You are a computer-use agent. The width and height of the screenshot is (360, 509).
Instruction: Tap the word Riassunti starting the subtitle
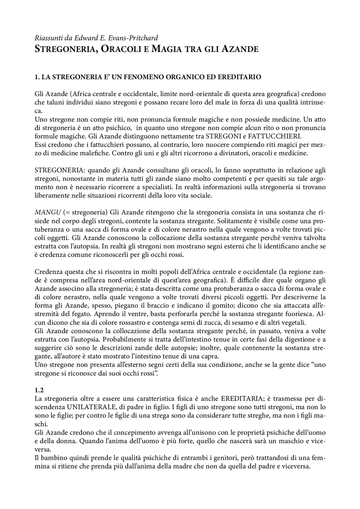[46, 38]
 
